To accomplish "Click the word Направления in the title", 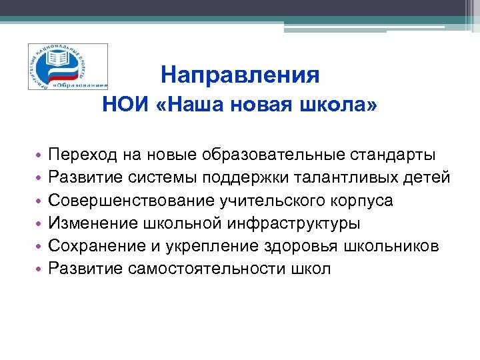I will (x=240, y=75).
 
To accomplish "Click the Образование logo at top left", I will (x=67, y=67).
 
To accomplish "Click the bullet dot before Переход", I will (x=40, y=156).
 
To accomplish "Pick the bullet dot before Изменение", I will (x=40, y=224).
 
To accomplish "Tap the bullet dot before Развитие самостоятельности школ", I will (x=40, y=269).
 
